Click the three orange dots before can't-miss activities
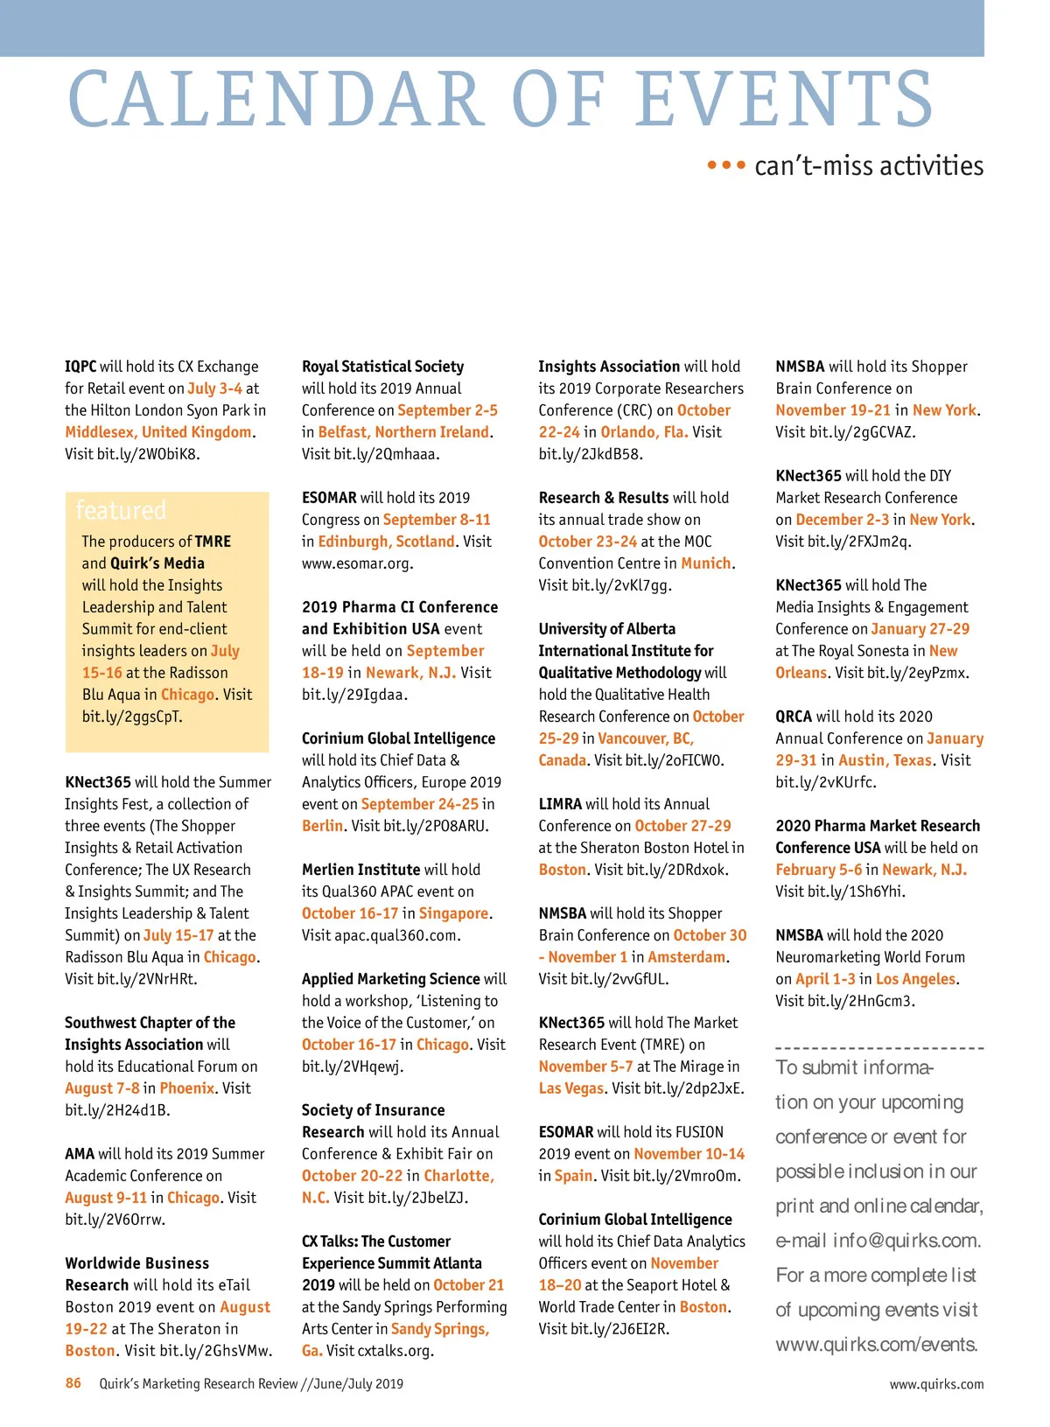(x=726, y=164)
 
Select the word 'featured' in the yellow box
(x=121, y=510)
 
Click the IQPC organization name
(x=80, y=367)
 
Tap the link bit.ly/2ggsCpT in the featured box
(x=132, y=717)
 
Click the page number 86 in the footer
(x=73, y=1383)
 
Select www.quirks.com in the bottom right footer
(x=936, y=1384)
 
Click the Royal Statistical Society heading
(x=382, y=367)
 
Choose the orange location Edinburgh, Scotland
(x=386, y=542)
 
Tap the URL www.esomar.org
(x=357, y=563)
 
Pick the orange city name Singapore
(x=453, y=913)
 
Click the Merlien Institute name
(x=360, y=870)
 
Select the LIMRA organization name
(x=560, y=804)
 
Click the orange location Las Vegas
(x=571, y=1088)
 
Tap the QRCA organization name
(x=794, y=717)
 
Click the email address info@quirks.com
(x=906, y=1241)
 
